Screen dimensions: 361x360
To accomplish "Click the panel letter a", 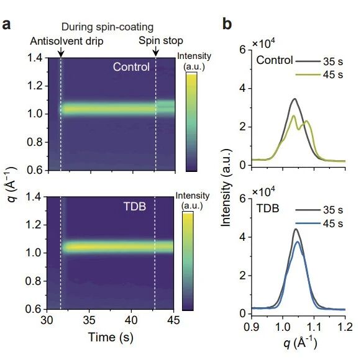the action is (x=6, y=25).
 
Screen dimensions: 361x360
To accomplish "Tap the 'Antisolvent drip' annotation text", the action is (x=66, y=42).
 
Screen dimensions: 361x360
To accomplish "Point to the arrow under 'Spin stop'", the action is (x=156, y=51).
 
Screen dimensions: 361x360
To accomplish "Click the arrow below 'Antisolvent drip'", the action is (x=61, y=52).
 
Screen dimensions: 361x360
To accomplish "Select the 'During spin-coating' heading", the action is (x=107, y=27).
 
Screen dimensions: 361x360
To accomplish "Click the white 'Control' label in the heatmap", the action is (x=131, y=67).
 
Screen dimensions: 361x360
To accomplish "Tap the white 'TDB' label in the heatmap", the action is (x=135, y=206).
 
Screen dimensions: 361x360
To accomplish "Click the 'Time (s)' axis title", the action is (x=111, y=338).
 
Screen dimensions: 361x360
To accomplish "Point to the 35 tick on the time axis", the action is (x=89, y=320).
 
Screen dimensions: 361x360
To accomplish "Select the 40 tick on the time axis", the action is (x=131, y=320).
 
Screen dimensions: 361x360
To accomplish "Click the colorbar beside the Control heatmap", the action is (x=191, y=122).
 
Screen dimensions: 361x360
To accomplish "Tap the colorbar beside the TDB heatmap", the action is (x=188, y=261).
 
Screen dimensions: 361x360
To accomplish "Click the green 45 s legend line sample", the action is (x=308, y=74).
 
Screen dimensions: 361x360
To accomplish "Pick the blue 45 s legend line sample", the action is (x=308, y=223).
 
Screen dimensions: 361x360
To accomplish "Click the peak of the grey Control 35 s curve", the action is (x=295, y=99).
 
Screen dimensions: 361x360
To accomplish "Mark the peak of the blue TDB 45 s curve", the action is (x=298, y=241).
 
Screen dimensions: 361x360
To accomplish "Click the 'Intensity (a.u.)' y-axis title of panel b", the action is (x=226, y=187).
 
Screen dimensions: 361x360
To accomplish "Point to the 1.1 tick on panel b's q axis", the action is (x=314, y=326).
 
